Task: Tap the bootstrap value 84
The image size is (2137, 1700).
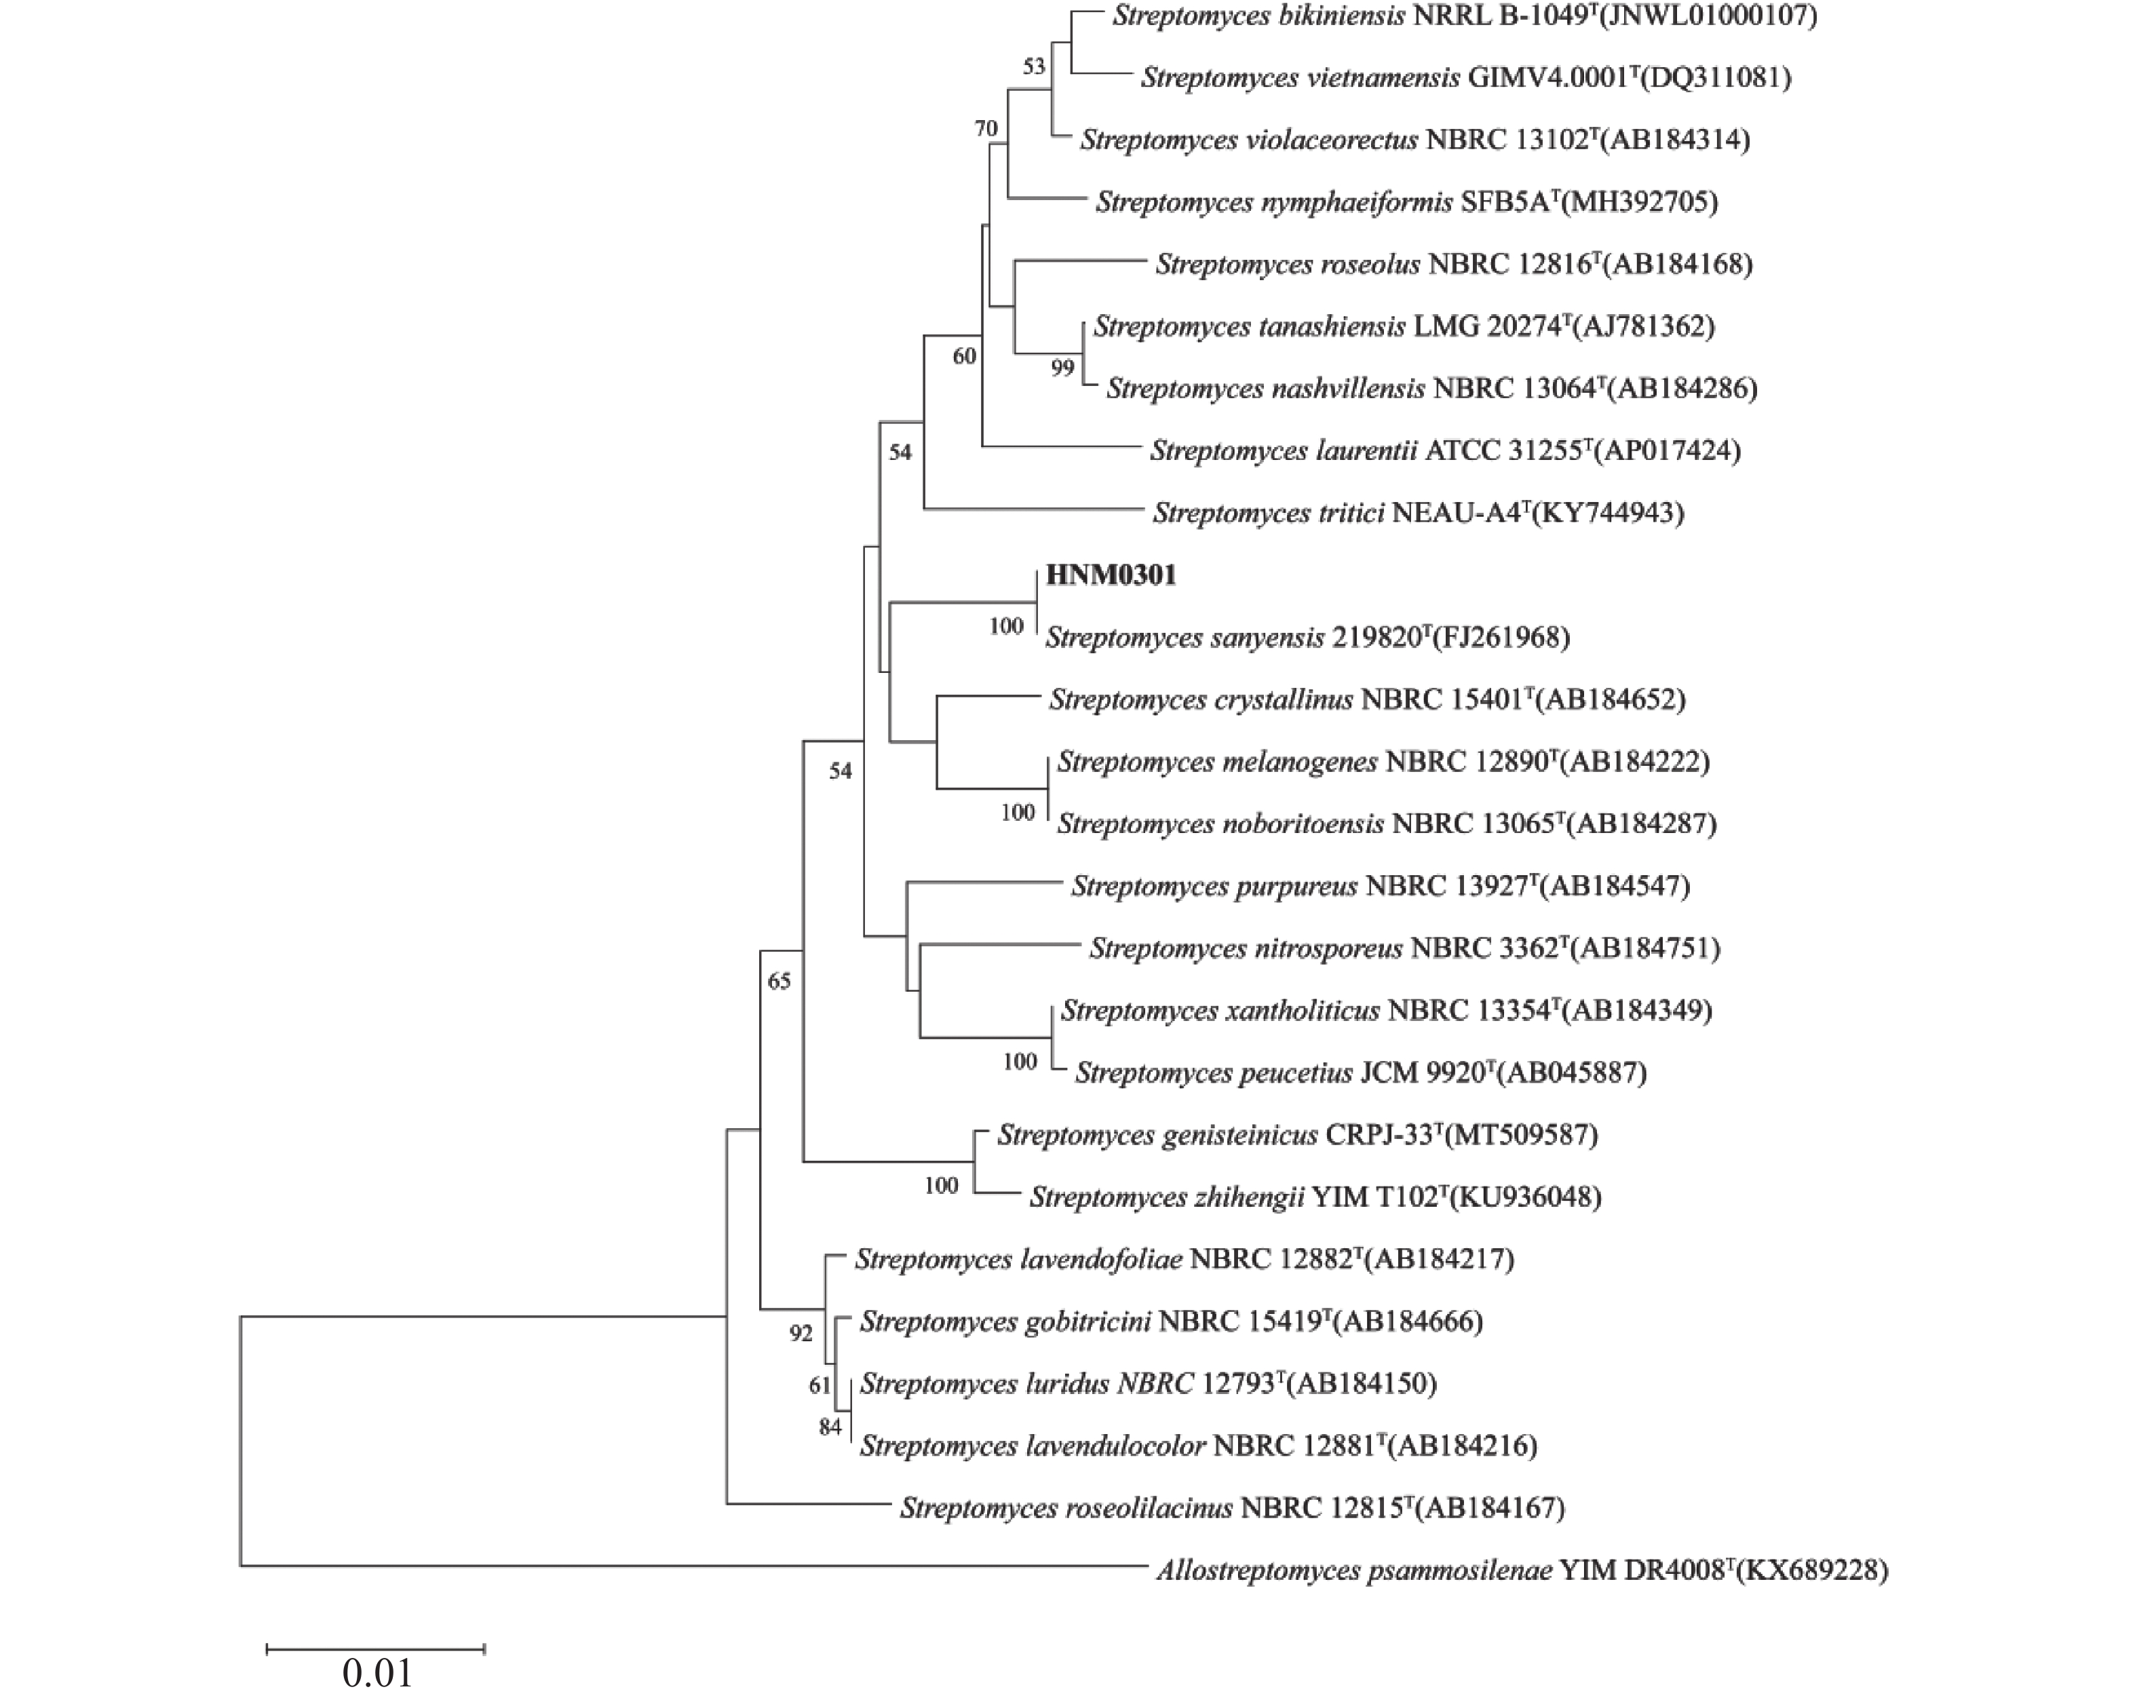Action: click(x=830, y=1427)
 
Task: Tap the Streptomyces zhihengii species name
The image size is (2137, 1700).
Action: click(x=1167, y=1197)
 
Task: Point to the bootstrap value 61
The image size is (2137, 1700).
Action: click(x=820, y=1385)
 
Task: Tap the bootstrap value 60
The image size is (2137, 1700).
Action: click(x=965, y=356)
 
